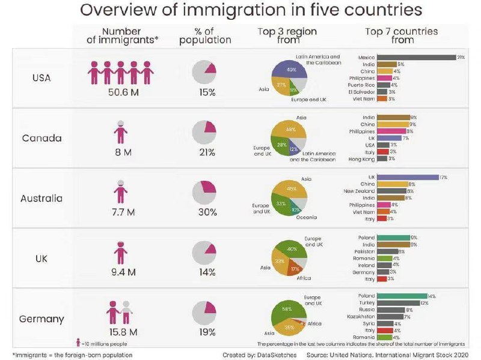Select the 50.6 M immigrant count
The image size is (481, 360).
tap(120, 92)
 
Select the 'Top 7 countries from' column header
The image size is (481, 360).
tap(402, 35)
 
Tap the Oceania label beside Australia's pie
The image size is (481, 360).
tap(307, 217)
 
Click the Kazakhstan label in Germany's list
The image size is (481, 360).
tap(361, 316)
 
